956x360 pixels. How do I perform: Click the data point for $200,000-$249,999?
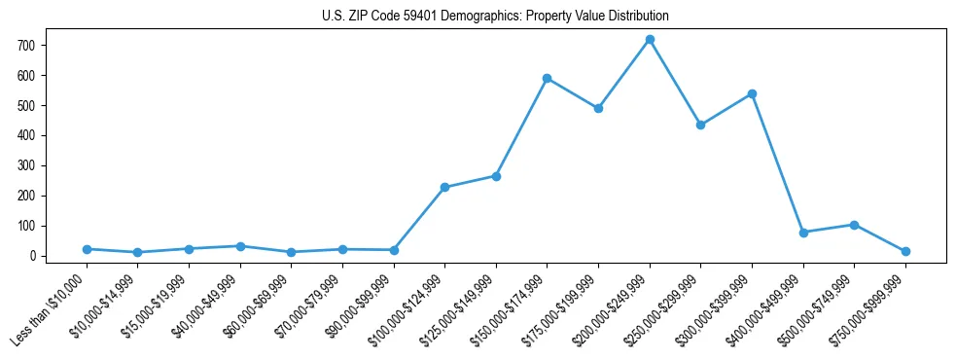tap(650, 40)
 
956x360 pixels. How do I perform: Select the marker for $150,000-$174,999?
tap(548, 78)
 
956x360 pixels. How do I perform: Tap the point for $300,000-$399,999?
tap(752, 93)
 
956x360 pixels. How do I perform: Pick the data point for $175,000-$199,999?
tap(598, 108)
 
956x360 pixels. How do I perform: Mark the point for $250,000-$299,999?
tap(700, 125)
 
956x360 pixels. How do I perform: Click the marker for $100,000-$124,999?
tap(444, 187)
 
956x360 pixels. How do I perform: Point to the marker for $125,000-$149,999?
tap(496, 176)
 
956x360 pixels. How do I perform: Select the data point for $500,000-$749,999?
tap(854, 225)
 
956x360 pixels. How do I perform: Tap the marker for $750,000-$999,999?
tap(905, 251)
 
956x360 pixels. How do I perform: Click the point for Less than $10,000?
tap(87, 249)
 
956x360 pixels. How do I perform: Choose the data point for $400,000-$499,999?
tap(803, 233)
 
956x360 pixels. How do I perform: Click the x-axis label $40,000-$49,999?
tap(210, 301)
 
